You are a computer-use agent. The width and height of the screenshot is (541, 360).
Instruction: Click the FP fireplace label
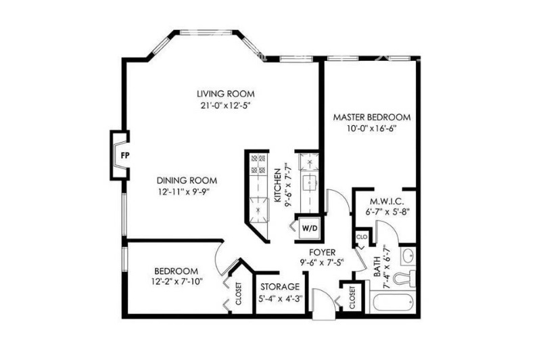pos(125,156)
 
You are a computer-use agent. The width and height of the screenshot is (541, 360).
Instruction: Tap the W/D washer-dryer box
pos(310,227)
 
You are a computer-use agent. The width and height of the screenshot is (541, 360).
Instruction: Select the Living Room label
pos(226,93)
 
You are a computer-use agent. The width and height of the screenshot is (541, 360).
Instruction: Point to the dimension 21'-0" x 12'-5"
pos(225,106)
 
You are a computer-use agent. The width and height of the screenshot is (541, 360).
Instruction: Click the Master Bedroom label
pos(371,117)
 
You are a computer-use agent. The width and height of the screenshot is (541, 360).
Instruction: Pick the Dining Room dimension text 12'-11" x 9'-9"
pos(184,192)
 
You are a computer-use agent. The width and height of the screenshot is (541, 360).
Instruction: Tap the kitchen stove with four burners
pos(258,164)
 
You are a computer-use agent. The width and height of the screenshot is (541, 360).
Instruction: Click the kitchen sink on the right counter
pos(310,182)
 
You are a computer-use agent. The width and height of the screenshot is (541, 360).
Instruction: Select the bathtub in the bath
pos(392,302)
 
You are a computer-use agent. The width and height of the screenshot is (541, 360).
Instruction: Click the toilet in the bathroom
pos(404,277)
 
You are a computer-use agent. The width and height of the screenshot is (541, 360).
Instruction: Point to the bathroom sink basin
pos(408,256)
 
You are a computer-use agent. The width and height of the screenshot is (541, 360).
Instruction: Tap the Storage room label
pos(280,286)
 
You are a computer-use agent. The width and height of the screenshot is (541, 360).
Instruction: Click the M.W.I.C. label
pos(387,201)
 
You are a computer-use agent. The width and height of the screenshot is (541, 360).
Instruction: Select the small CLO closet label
pos(362,237)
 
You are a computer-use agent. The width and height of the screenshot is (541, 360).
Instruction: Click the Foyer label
pos(322,252)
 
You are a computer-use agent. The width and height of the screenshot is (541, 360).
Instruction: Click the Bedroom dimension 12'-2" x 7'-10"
pos(177,282)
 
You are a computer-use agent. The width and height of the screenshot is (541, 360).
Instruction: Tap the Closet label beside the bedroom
pos(239,294)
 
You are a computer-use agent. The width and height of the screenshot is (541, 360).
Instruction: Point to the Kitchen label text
pos(277,185)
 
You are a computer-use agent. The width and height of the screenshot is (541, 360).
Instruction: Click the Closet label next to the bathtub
pos(352,298)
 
